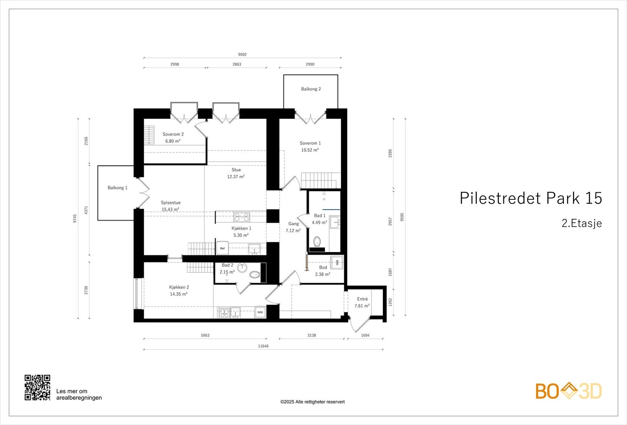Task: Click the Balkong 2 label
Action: coord(311,89)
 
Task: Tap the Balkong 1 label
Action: coord(117,188)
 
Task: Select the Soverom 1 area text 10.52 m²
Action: coord(310,150)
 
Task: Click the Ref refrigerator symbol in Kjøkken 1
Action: coord(223,248)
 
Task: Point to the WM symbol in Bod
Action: coord(337,262)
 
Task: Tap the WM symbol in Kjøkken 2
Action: coord(260,312)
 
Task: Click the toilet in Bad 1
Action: coord(317,241)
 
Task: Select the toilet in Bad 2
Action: coord(255,275)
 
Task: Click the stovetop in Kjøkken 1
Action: coord(242,217)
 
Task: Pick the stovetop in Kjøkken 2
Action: coord(224,313)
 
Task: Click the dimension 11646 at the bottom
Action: coord(263,346)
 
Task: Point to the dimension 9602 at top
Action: coord(242,54)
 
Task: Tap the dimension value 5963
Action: coord(205,335)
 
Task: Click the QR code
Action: coord(37,387)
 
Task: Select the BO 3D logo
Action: coord(568,391)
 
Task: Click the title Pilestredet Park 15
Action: coord(530,198)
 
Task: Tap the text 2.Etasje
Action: coord(582,223)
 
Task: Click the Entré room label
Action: coord(362,299)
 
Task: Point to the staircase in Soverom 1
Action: coord(319,180)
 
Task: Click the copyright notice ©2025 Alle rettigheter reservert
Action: coord(312,401)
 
